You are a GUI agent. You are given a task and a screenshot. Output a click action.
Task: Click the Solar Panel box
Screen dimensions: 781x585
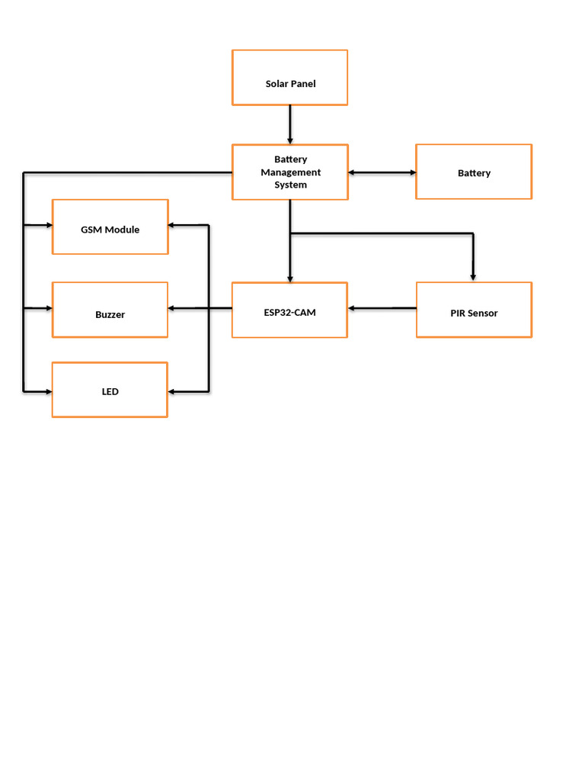point(289,77)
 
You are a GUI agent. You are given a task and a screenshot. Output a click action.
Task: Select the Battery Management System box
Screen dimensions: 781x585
point(289,172)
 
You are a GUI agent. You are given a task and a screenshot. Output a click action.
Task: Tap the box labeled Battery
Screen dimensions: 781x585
point(473,172)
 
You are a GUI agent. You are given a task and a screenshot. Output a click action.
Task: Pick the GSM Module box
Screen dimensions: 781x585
point(110,227)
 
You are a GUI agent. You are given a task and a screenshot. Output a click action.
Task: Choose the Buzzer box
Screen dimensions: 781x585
point(110,310)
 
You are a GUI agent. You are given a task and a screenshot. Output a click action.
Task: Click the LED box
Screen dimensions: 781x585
point(110,390)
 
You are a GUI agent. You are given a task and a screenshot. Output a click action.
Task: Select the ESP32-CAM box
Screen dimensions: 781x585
point(289,310)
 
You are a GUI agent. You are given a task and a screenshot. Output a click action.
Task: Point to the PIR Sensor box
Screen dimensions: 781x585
point(473,310)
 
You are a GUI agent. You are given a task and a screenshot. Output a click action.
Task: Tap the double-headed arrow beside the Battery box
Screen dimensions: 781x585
point(382,172)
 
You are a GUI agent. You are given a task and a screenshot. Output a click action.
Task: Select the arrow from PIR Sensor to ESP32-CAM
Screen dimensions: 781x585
point(382,308)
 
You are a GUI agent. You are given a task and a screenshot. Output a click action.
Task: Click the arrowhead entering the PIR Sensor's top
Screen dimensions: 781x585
point(473,277)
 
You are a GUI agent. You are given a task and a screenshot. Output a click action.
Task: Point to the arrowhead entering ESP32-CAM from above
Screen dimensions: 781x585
point(289,278)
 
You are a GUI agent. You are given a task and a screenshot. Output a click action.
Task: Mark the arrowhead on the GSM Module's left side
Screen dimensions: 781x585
point(47,226)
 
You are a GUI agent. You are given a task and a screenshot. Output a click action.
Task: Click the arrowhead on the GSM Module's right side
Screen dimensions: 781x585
point(173,225)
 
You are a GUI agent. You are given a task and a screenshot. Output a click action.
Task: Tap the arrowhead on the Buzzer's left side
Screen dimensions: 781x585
point(47,308)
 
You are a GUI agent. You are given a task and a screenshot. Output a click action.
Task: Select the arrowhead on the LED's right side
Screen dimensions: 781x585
point(173,391)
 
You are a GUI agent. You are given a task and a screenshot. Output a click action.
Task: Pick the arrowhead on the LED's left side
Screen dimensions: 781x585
point(47,391)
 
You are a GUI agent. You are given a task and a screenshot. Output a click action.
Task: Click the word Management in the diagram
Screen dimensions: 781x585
point(290,172)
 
